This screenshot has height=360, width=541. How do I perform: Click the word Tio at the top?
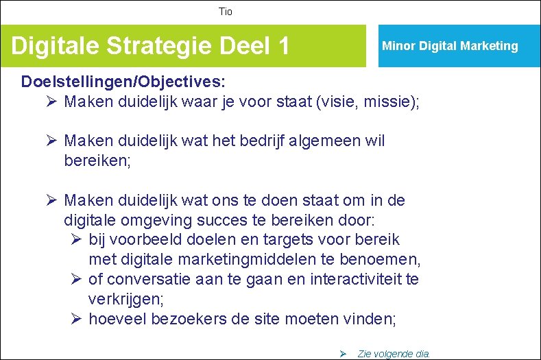(226, 12)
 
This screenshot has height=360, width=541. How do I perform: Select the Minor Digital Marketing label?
(450, 46)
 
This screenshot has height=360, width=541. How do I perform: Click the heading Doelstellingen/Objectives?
(123, 82)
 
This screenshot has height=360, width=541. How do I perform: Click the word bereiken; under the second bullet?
(97, 161)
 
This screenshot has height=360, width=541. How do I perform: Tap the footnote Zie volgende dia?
(394, 354)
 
